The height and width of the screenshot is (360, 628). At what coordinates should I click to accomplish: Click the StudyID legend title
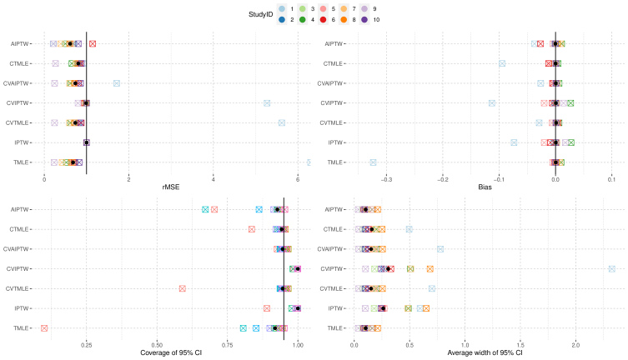coord(260,14)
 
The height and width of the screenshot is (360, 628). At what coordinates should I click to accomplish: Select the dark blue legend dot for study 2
coord(282,20)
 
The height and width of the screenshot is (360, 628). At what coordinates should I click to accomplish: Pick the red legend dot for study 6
coord(324,20)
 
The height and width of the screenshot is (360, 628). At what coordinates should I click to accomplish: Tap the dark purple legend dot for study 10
coord(364,20)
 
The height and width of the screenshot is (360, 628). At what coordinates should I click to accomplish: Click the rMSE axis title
coord(171,187)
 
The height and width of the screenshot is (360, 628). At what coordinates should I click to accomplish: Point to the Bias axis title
coord(485,187)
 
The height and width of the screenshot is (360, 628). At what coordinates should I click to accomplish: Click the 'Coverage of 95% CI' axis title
coord(171,352)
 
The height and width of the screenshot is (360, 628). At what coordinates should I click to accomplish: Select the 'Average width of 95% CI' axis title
coord(485,352)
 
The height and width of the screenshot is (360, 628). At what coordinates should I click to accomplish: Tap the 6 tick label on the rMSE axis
coord(298,180)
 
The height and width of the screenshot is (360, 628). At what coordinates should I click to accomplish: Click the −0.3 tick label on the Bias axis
coord(386,180)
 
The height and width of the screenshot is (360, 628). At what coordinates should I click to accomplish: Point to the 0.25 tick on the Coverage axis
coord(86,345)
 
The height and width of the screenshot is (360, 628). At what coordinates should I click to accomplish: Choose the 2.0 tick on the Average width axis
coord(575,345)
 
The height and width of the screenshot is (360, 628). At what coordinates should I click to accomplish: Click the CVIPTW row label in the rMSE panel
coord(18,103)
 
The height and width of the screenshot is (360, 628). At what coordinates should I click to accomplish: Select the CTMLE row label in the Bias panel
coord(333,63)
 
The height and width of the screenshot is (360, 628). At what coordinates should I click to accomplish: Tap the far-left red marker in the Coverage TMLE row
coord(44,328)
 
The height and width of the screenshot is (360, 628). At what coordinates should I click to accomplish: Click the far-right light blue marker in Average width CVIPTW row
coord(611,269)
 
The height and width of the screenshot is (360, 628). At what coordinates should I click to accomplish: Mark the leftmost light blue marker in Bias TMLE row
coord(373,162)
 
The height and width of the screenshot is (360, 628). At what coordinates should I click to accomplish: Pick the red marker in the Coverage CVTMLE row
coord(183,288)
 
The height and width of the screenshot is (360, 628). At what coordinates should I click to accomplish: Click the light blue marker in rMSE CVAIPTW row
coord(117,83)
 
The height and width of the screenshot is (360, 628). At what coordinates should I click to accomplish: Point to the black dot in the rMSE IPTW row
coord(87,142)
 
